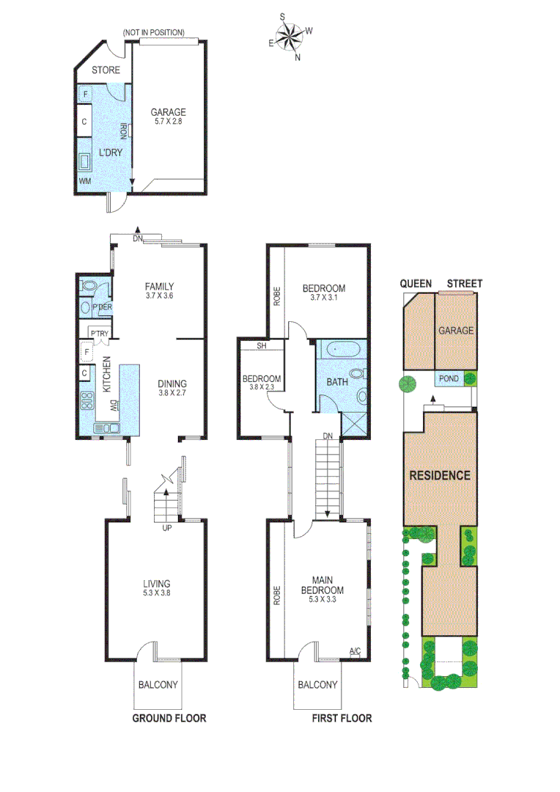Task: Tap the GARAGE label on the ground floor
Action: pos(168,112)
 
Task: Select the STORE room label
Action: pos(106,71)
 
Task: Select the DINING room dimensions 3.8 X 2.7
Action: pos(172,393)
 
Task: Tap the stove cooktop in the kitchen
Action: pos(87,400)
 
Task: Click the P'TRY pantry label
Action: pos(99,334)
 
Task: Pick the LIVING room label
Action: pos(157,584)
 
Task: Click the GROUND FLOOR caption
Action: pos(169,718)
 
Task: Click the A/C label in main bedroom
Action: pos(355,650)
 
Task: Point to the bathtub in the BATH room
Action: pos(341,349)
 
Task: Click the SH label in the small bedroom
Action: pos(261,347)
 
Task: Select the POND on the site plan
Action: pos(448,379)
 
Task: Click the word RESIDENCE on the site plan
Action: pos(439,474)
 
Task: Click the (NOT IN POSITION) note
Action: pos(153,33)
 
